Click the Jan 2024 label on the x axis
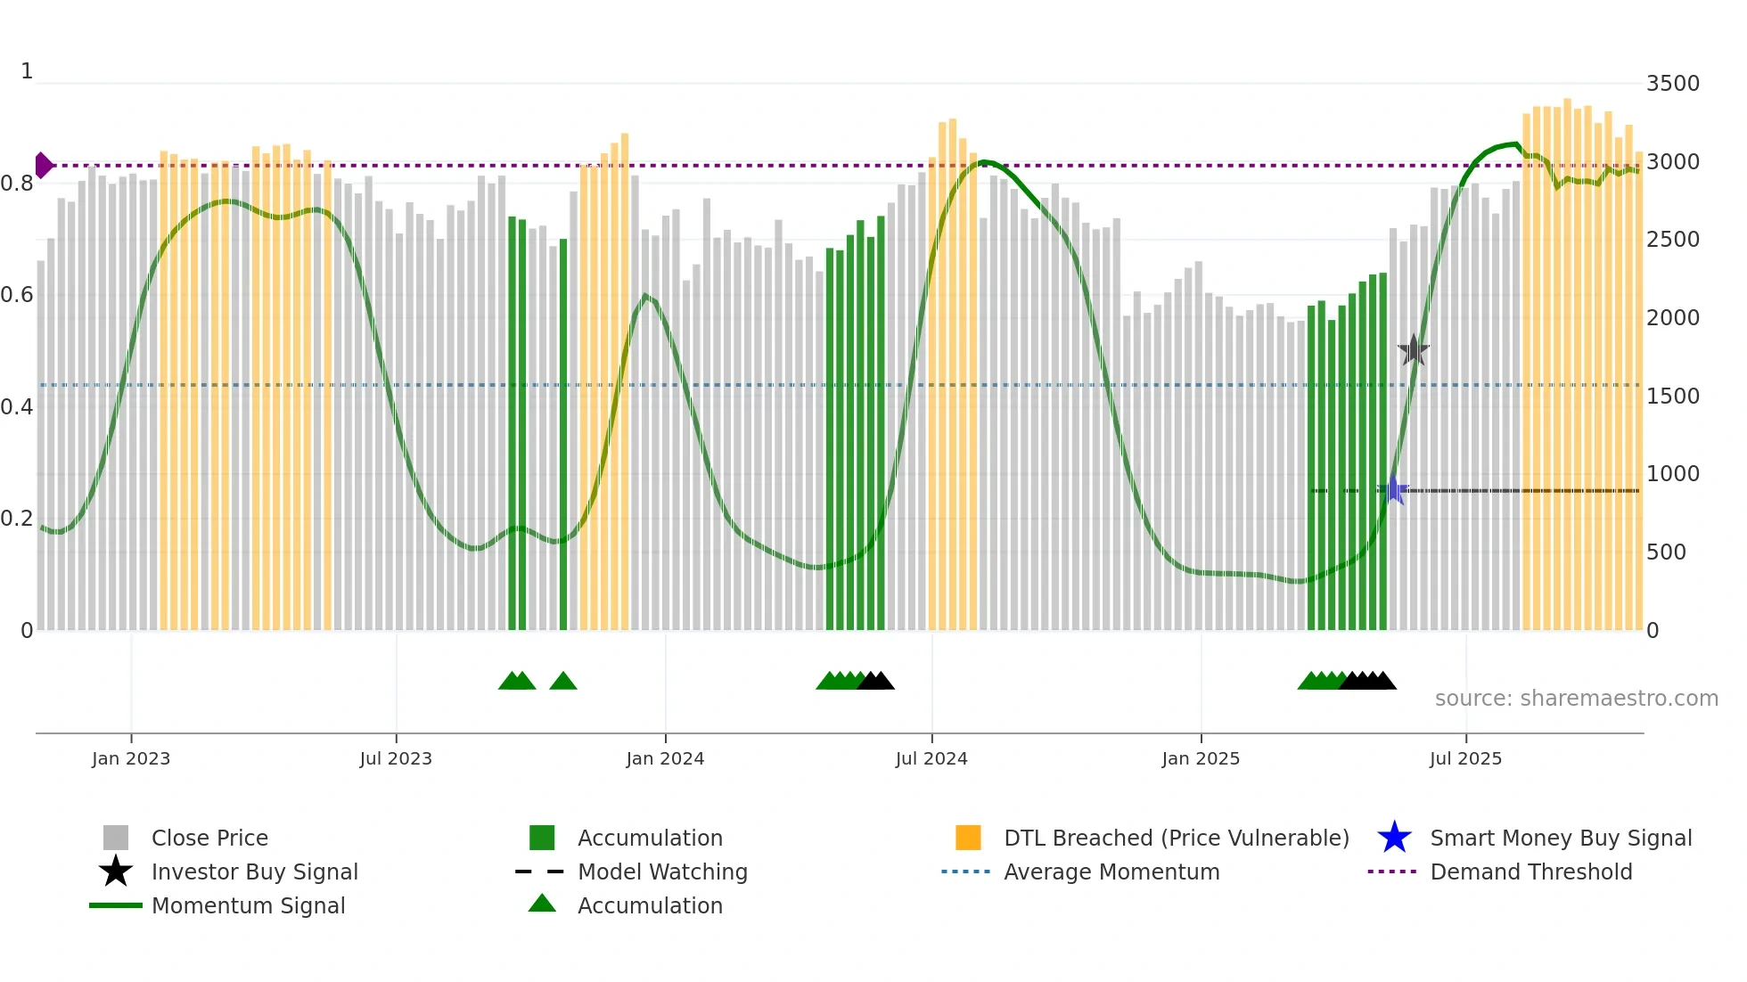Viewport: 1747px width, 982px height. point(665,758)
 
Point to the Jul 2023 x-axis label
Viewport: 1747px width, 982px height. point(396,758)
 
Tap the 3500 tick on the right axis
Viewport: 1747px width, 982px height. point(1672,84)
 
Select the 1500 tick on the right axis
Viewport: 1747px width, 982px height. point(1672,397)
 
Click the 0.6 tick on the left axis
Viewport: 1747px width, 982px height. point(17,295)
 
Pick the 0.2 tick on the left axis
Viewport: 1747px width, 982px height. point(17,519)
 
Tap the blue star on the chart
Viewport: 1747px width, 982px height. point(1393,490)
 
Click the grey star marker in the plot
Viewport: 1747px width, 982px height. point(1413,350)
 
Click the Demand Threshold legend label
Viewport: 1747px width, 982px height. point(1530,872)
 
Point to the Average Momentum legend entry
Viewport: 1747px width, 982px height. point(1111,872)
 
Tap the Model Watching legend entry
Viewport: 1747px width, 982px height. point(662,872)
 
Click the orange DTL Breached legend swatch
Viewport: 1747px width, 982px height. point(968,838)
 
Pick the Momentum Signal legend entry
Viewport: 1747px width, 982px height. point(248,906)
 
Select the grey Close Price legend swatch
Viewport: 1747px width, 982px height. point(116,838)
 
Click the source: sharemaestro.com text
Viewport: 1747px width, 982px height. point(1576,699)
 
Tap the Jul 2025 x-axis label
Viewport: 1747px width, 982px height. point(1465,758)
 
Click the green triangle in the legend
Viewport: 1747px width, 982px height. point(542,904)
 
